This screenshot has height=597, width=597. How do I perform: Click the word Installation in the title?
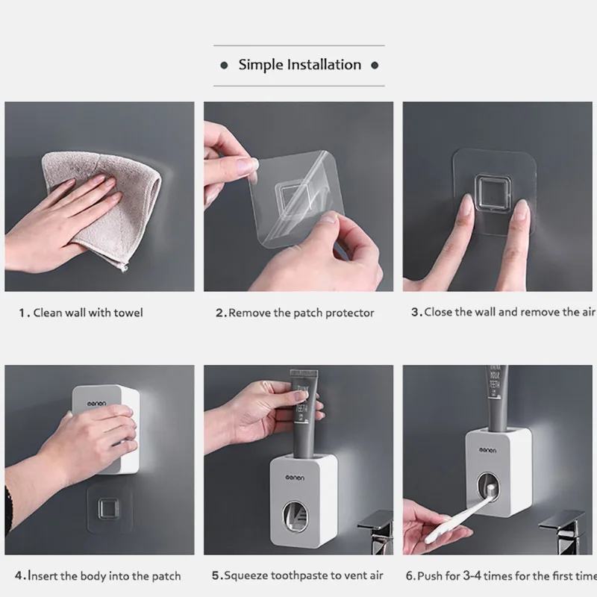coord(324,65)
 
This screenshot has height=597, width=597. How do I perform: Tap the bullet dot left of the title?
coord(225,66)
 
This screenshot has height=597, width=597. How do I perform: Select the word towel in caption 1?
coord(128,313)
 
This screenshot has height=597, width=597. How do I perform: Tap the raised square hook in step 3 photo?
coord(493,194)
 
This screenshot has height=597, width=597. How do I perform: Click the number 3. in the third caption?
coord(416,312)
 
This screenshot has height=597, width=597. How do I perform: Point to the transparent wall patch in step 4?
coord(110,508)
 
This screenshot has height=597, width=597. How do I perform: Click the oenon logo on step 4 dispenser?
coord(97,404)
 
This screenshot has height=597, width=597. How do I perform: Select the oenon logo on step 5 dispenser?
coord(295,478)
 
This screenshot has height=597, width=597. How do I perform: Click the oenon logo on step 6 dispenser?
coord(487,451)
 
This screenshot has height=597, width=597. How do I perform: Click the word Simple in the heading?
coord(261,65)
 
